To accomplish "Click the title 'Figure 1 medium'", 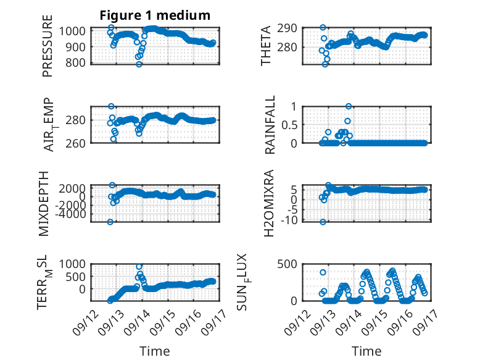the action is coord(155,15).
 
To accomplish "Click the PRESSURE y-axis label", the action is coord(48,46).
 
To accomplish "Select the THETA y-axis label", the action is coord(266,46).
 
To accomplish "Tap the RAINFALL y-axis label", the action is coord(270,125).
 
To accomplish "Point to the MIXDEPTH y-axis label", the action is coord(44,204).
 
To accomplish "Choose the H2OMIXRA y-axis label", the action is coord(268,203).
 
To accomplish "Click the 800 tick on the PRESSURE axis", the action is coord(75,63).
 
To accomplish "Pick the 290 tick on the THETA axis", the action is coord(287,28).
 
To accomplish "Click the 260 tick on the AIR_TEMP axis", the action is coord(75,143).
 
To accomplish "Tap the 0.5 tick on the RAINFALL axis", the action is coord(289,125).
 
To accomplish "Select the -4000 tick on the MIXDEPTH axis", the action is coord(70,214).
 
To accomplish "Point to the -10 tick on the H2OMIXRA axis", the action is coord(289,220).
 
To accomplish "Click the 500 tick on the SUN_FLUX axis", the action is coord(287,264).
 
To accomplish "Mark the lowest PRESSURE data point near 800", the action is coord(139,64).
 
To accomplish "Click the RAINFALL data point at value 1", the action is coord(349,106).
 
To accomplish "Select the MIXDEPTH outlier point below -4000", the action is coord(110,222).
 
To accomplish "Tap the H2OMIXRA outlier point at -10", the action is coord(323,222).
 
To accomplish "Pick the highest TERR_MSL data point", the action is coord(139,267).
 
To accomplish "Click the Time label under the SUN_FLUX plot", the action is coord(366,351).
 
